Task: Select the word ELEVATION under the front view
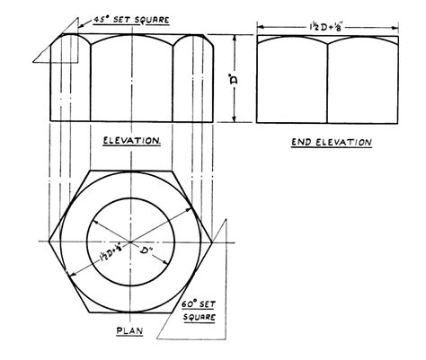tap(132, 142)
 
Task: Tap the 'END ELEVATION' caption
tap(332, 142)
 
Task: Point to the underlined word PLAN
tap(130, 330)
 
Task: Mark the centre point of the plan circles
tap(132, 242)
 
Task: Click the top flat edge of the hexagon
tap(132, 171)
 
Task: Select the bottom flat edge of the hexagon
tap(132, 315)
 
